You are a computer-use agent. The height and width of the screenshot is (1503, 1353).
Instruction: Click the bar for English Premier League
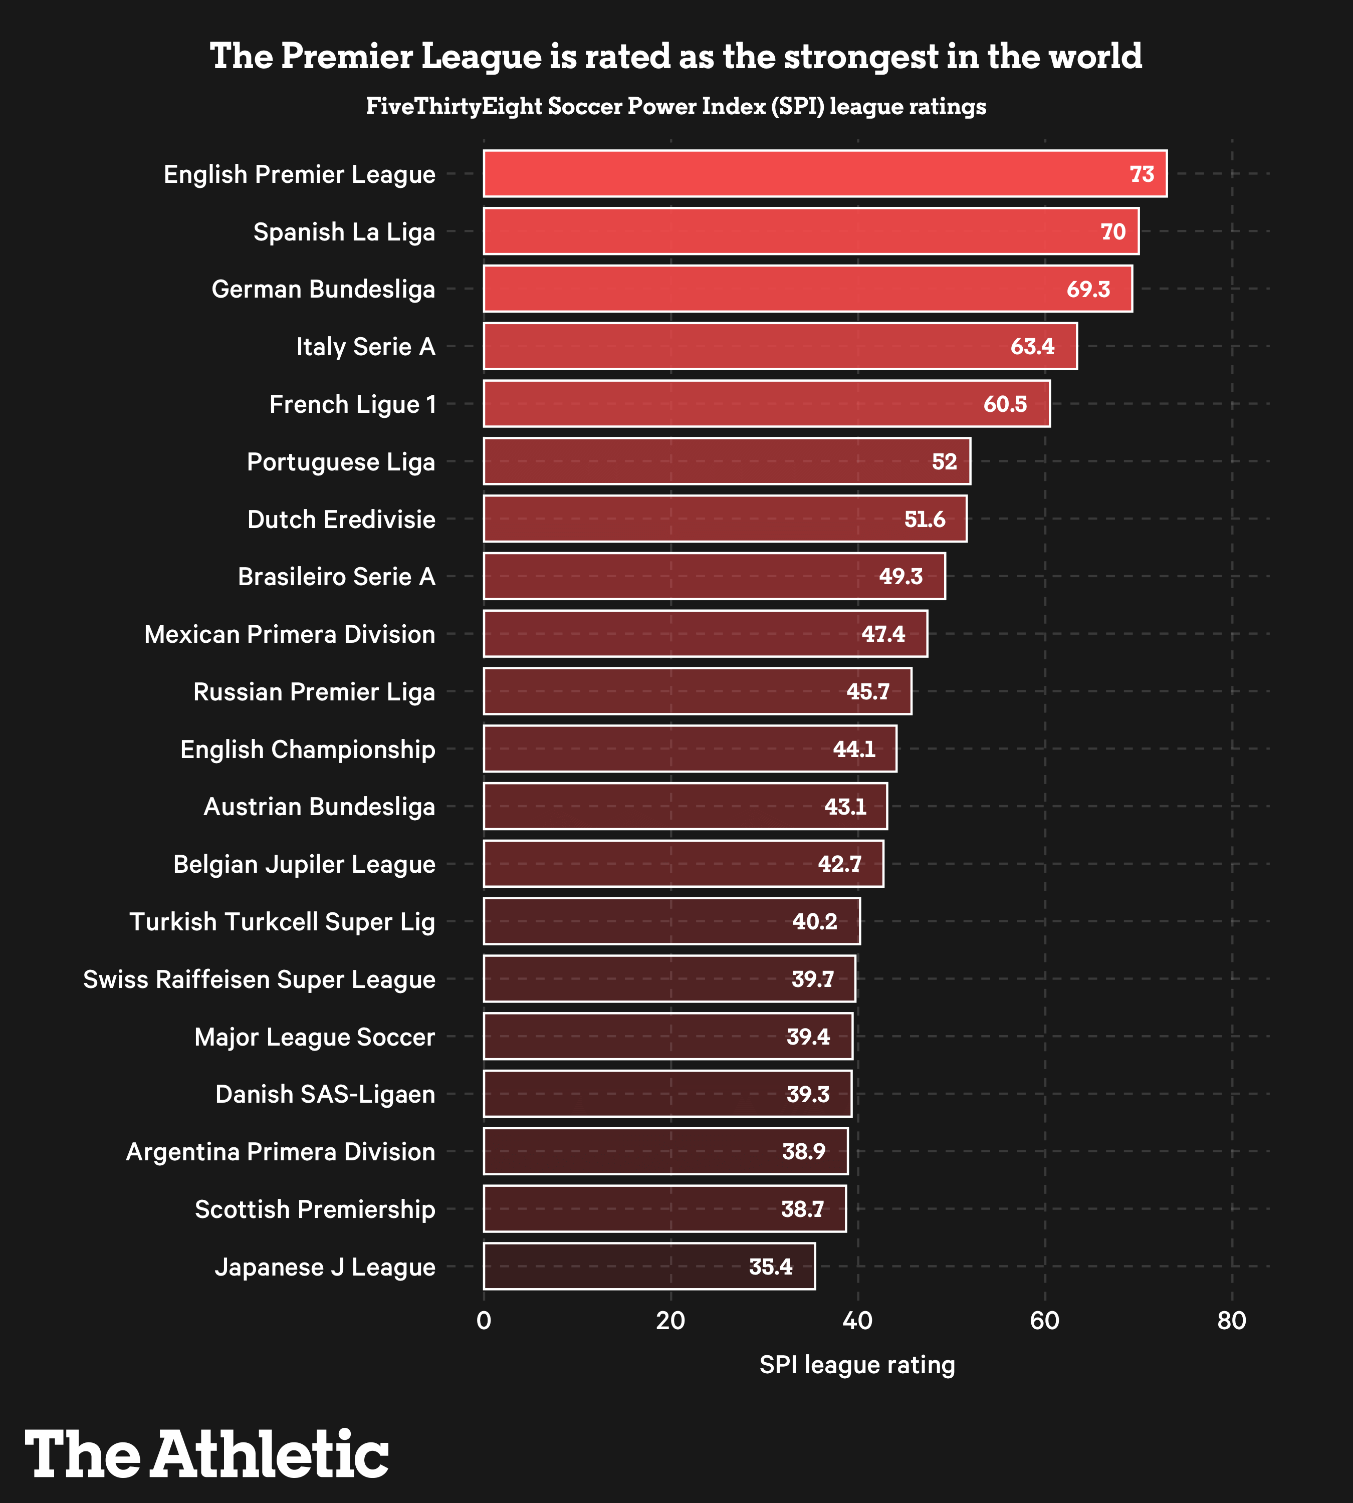[x=825, y=173]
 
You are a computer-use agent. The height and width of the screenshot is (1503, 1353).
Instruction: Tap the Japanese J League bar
[x=649, y=1266]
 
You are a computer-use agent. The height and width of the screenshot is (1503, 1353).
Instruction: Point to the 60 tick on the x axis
[x=1044, y=1320]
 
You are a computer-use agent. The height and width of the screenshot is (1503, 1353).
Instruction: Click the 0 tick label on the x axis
[x=484, y=1320]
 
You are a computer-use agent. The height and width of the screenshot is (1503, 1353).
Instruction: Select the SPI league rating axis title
[x=857, y=1365]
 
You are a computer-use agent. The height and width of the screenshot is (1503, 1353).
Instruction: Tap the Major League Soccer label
[x=315, y=1036]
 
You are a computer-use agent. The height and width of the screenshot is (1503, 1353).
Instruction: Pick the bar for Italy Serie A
[x=780, y=346]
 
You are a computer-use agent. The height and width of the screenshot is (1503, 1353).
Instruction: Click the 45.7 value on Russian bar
[x=867, y=692]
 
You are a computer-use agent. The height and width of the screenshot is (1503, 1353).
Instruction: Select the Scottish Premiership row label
[x=315, y=1208]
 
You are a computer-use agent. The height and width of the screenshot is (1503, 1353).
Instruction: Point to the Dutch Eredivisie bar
[x=725, y=519]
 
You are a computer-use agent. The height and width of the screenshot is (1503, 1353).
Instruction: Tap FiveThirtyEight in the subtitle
[x=454, y=106]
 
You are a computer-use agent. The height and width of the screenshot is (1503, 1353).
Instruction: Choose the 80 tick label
[x=1232, y=1320]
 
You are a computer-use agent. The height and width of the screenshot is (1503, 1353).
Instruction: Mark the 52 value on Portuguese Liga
[x=944, y=461]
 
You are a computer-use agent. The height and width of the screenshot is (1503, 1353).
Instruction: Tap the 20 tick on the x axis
[x=670, y=1320]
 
